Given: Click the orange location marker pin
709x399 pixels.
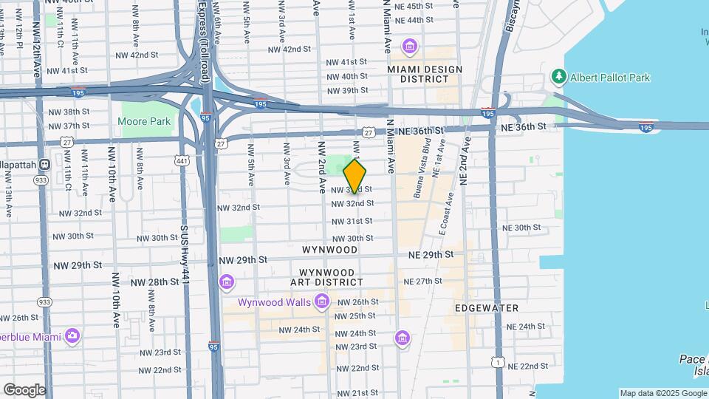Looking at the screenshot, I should click(x=355, y=177).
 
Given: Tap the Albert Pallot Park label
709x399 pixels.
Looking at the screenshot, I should click(x=610, y=77).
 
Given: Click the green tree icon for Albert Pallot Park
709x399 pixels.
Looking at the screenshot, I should click(x=559, y=77).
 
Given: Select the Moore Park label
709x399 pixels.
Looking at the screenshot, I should click(x=145, y=122).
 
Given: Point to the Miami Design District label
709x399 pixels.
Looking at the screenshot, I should click(x=425, y=75).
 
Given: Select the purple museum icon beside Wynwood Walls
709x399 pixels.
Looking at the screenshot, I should click(x=321, y=301).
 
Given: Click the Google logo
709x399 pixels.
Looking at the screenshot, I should click(x=24, y=389).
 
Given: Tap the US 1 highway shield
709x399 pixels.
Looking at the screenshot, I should click(x=501, y=362).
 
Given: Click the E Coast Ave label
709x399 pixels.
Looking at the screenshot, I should click(x=445, y=214).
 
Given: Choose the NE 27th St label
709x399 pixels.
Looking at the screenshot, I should click(x=422, y=281).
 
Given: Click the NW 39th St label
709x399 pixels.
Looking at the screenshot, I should click(x=349, y=90).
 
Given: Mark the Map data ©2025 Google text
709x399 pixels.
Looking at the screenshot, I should click(x=662, y=393).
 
